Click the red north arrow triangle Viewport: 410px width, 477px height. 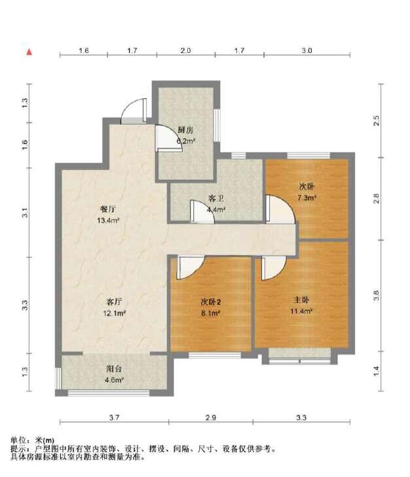coord(29,51)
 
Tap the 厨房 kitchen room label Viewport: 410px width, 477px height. coord(185,130)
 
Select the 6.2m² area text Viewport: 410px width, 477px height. coord(185,140)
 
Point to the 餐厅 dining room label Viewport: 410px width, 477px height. coord(108,209)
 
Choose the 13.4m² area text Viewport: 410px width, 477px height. coord(108,220)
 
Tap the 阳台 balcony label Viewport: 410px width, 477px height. coord(115,368)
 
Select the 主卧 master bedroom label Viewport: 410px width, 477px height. coord(301,300)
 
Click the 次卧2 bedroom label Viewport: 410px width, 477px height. coord(210,302)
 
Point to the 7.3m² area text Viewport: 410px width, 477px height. coord(307,196)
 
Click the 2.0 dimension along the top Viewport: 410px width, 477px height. coord(185,50)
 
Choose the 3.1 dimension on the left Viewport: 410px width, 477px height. coord(24,212)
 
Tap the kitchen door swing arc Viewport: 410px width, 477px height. coord(163,137)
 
